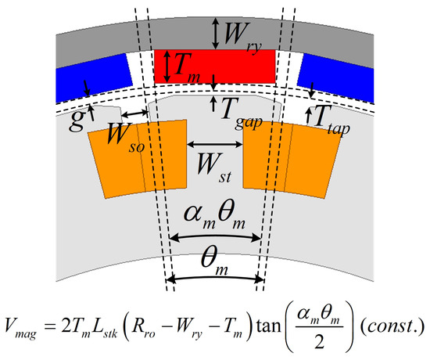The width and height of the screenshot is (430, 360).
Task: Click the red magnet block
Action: (215, 67)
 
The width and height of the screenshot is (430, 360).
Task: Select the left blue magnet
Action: (92, 77)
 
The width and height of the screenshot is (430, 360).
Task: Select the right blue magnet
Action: (336, 77)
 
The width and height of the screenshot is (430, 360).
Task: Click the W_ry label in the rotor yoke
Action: (242, 36)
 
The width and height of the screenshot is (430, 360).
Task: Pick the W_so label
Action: (126, 137)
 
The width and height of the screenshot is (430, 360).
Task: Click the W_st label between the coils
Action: (214, 167)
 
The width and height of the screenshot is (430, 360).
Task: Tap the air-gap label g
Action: (76, 120)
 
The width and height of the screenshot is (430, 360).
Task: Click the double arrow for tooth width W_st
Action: (215, 144)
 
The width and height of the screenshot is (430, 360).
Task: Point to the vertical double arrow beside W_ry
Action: (216, 34)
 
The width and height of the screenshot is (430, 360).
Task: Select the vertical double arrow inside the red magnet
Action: (167, 67)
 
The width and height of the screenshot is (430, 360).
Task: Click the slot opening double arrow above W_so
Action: (134, 113)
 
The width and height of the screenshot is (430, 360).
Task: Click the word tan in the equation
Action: (268, 326)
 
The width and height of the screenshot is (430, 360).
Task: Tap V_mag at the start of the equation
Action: (20, 328)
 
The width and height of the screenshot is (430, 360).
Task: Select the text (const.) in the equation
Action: (392, 326)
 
